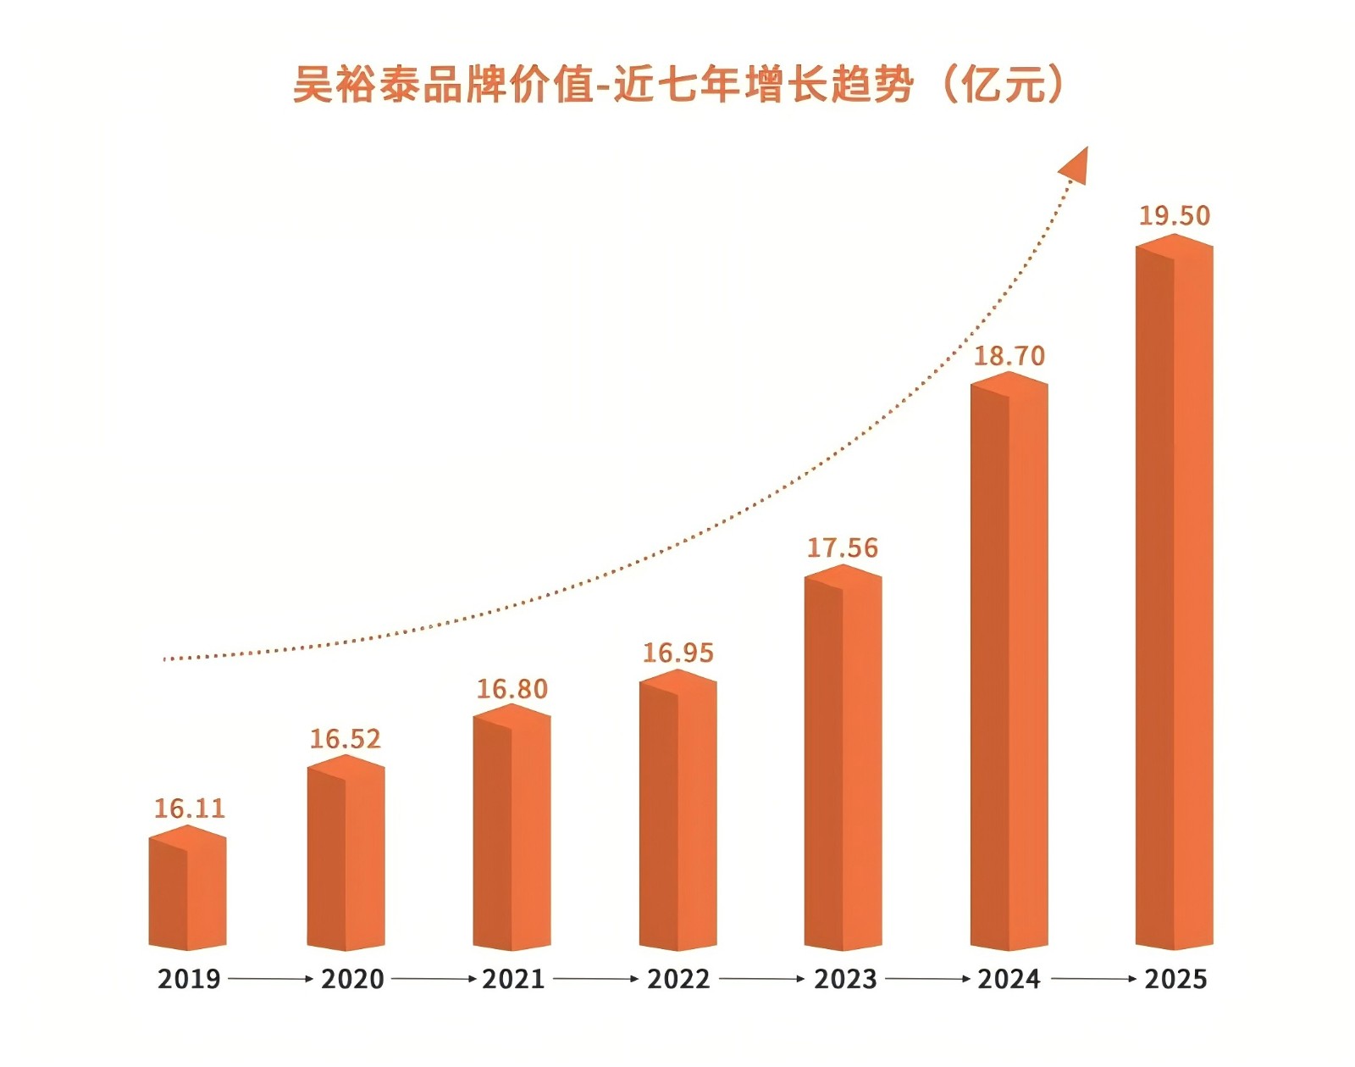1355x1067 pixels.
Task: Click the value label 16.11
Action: tap(190, 809)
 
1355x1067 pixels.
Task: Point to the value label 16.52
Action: tap(345, 739)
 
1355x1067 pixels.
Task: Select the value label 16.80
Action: tap(512, 689)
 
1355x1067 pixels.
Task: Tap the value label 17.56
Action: tap(843, 548)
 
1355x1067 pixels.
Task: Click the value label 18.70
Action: tap(1009, 356)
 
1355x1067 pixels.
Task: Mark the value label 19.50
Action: tap(1174, 216)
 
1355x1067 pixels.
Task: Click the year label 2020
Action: tap(352, 980)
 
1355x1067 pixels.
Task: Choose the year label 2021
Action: tap(513, 980)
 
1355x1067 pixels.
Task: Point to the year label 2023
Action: tap(845, 980)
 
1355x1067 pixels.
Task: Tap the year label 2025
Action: tap(1175, 980)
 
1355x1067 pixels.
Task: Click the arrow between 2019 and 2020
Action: tap(270, 979)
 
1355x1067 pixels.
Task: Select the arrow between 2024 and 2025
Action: tap(1093, 979)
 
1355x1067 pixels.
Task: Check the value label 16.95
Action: tap(677, 653)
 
